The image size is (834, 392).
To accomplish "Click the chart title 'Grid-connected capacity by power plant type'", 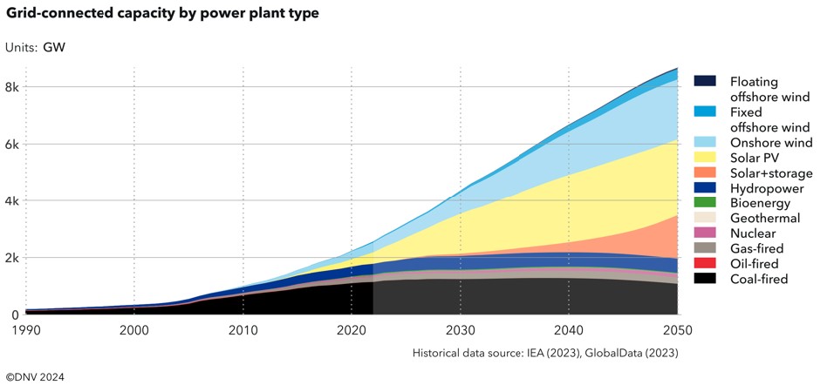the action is [162, 14].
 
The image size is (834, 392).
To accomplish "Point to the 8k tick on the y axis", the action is [12, 87].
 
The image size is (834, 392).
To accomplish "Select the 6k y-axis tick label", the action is [12, 144].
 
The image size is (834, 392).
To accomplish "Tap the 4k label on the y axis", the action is [12, 200].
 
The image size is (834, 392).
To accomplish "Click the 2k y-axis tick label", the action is [12, 258].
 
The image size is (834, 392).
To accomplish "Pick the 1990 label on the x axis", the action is [26, 330].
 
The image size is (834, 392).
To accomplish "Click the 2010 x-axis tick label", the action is [243, 330].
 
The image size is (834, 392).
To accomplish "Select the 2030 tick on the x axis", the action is [461, 330].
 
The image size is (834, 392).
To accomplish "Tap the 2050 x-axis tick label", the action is [678, 330].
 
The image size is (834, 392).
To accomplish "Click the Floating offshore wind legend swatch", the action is [705, 81].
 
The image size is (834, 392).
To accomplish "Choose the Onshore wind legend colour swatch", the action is [705, 142].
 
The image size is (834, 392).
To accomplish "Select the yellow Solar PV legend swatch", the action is [705, 157].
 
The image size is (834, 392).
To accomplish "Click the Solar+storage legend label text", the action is [771, 173].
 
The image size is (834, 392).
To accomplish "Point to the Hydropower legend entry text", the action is [767, 188].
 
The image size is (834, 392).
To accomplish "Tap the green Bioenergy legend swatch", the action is [705, 202].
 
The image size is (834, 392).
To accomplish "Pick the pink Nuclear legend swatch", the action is [705, 233].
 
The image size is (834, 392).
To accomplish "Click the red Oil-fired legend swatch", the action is [705, 263].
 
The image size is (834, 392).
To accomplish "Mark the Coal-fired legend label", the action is [759, 279].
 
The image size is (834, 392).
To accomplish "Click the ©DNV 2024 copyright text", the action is [35, 377].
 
